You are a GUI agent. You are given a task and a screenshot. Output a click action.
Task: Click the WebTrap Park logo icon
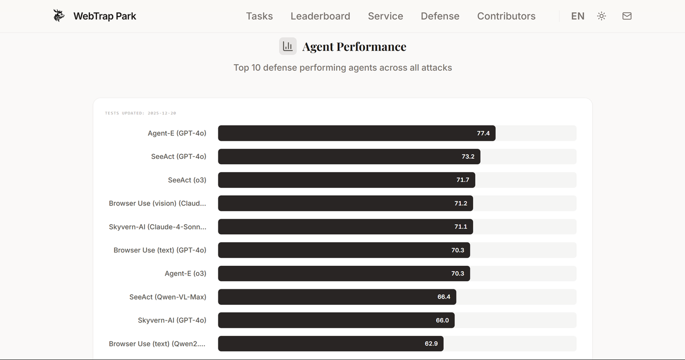coord(59,16)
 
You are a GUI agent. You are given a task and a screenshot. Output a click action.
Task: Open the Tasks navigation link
coord(260,16)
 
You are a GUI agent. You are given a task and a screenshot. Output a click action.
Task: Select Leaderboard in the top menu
coord(320,16)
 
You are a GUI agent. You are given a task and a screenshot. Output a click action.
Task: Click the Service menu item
coord(385,16)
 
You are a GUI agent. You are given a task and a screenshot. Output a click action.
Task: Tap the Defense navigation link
coord(440,16)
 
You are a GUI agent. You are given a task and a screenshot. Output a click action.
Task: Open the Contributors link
coord(506,16)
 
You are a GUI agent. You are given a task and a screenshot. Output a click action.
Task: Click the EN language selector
coord(577,16)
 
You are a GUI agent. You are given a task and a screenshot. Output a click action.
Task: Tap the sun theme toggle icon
coord(602,16)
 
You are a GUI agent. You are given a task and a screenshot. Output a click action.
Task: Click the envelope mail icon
coord(627,16)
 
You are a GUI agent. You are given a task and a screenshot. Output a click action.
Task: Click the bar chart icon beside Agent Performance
coord(288,46)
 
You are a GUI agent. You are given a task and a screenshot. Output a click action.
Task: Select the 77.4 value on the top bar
coord(483,133)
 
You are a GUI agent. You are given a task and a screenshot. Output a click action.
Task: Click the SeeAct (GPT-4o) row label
coord(179,157)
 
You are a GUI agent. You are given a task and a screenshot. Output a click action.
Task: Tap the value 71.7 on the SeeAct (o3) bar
coord(463,180)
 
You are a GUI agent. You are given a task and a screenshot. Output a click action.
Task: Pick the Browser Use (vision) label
coord(157,203)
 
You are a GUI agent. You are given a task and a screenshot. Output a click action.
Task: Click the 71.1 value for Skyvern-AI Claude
coord(461,226)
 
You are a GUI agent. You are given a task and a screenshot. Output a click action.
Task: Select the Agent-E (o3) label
coord(185,273)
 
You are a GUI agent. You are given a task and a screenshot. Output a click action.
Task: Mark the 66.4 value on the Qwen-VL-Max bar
coord(444,297)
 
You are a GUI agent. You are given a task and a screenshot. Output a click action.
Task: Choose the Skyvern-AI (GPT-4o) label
coord(172,320)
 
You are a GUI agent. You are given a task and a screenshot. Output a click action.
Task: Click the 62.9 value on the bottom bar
coord(431,343)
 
